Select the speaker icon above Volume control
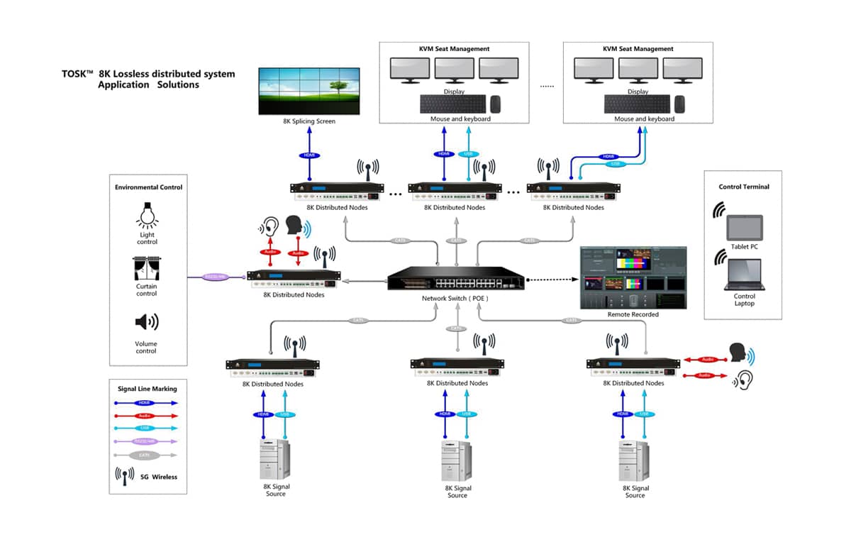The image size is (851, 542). tap(146, 323)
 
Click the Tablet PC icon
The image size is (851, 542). tap(744, 228)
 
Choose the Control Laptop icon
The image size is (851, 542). tap(743, 275)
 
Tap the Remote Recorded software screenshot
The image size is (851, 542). tap(633, 277)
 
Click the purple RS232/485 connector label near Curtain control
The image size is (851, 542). tap(216, 277)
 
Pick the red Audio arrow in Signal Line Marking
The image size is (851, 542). tap(145, 416)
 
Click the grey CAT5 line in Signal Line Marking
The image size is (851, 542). tap(145, 455)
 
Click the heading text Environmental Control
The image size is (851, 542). tap(148, 187)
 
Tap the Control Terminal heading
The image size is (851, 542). tap(743, 187)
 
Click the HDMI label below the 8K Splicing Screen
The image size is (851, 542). tap(310, 155)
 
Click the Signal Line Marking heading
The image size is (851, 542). tap(148, 389)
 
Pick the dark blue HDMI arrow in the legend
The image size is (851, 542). tap(145, 403)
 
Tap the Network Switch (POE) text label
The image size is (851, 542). tap(455, 299)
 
